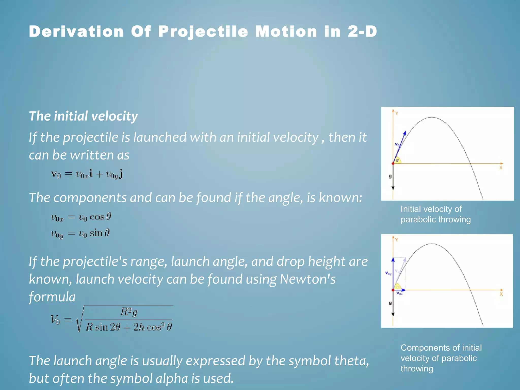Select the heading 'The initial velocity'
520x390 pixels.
(x=83, y=116)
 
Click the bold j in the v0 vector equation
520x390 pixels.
(x=121, y=174)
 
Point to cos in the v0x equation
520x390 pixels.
(x=97, y=217)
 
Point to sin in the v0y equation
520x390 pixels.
(x=96, y=233)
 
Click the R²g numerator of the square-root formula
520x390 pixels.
(x=129, y=312)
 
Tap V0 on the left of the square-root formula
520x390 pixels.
(x=55, y=319)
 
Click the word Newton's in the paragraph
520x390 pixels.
(x=307, y=279)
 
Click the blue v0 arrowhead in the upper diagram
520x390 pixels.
(x=405, y=133)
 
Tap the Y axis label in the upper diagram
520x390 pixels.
(x=397, y=113)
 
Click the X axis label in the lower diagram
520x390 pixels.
(x=501, y=294)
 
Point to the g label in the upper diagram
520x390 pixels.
(x=390, y=176)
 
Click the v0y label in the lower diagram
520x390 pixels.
(x=388, y=273)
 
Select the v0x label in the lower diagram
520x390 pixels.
(x=399, y=294)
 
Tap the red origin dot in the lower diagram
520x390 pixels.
(x=393, y=290)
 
